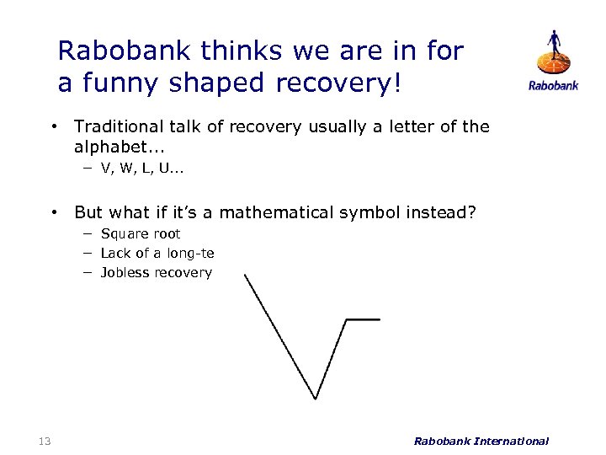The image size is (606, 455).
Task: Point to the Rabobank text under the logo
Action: tap(553, 86)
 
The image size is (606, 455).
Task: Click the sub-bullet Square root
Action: tap(140, 233)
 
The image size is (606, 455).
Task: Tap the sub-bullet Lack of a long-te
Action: tap(157, 253)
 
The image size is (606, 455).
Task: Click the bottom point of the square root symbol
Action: tap(316, 398)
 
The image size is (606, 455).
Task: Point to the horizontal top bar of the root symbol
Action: tap(363, 319)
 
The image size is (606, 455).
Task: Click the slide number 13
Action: tap(45, 440)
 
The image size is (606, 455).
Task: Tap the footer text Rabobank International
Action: tap(481, 440)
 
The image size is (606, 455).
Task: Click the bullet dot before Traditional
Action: tap(53, 127)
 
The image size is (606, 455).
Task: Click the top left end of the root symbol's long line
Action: tap(245, 276)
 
